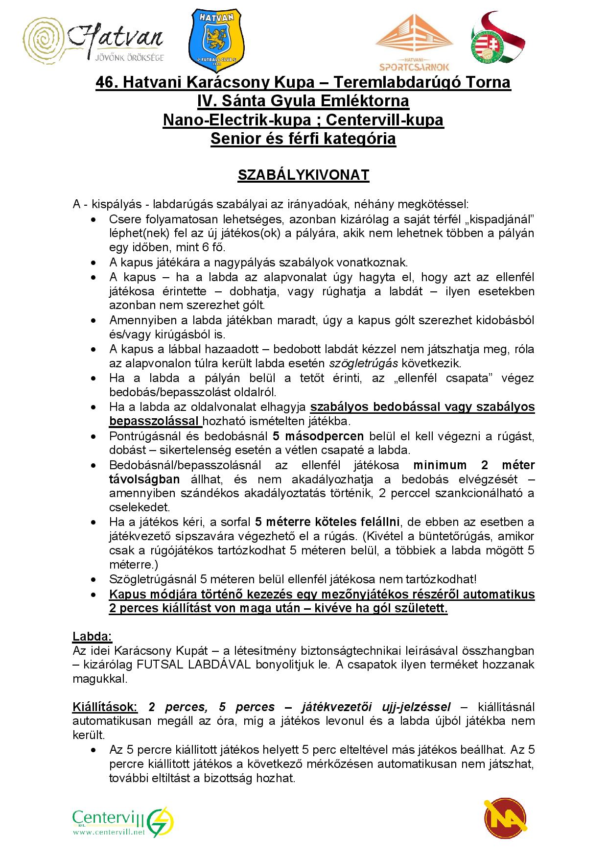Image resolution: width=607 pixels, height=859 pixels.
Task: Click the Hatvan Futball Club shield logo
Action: point(216,41)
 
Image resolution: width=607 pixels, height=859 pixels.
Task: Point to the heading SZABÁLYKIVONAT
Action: point(303,175)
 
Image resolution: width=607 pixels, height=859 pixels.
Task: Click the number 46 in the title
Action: point(106,83)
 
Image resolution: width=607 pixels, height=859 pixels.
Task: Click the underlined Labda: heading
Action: point(93,637)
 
